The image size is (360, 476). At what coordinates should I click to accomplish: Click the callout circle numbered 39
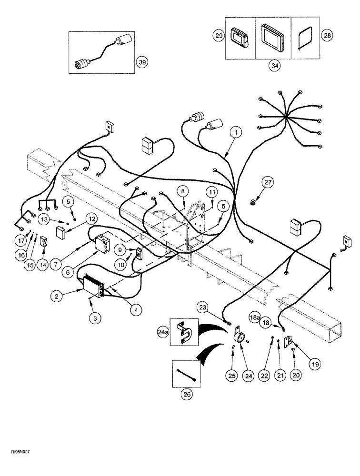[x=141, y=62]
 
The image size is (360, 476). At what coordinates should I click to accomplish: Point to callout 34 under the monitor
[x=273, y=66]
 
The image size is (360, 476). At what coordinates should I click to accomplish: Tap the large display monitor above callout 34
[x=273, y=38]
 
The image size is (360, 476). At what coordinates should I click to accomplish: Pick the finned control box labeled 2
[x=94, y=287]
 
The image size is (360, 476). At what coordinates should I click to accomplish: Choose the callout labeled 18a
[x=268, y=317]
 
